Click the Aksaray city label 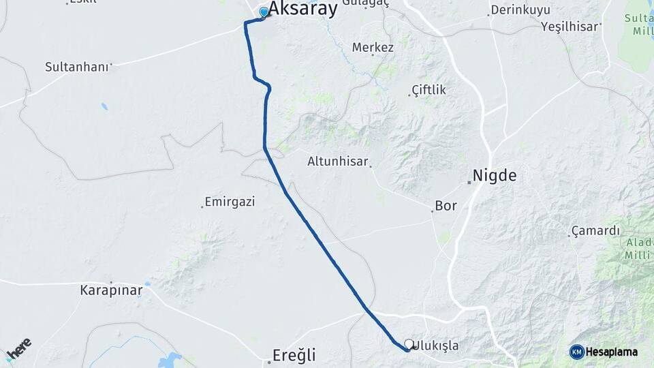pos(302,9)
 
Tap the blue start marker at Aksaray pos(264,12)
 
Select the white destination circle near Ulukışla pos(408,344)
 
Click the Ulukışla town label pos(436,346)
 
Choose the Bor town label pos(446,205)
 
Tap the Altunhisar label pos(337,162)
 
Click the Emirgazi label pos(230,202)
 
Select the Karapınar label pos(111,290)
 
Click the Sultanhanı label pos(76,67)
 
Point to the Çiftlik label pos(429,90)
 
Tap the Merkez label pos(373,48)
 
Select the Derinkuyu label pos(520,10)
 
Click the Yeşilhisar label pos(570,27)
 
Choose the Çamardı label pos(595,230)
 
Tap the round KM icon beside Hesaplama pos(577,352)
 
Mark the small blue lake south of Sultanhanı pos(104,106)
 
